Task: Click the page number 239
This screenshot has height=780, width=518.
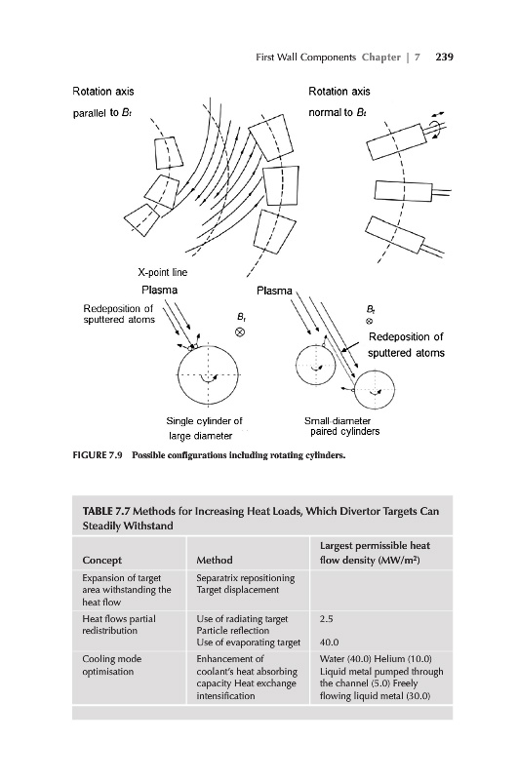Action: pyautogui.click(x=444, y=57)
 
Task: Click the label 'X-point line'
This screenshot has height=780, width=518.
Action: pyautogui.click(x=162, y=272)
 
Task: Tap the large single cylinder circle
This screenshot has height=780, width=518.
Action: pyautogui.click(x=179, y=374)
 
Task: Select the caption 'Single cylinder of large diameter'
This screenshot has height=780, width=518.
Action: pyautogui.click(x=204, y=428)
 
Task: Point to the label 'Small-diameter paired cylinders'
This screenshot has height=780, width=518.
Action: pyautogui.click(x=341, y=426)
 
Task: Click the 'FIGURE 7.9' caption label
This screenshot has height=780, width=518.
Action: pyautogui.click(x=98, y=455)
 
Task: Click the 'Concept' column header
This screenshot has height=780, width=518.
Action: pyautogui.click(x=102, y=560)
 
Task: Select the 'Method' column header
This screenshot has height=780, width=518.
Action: pyautogui.click(x=215, y=560)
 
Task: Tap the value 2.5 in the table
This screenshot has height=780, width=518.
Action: pyautogui.click(x=327, y=619)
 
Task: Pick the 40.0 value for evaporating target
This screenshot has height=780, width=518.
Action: pyautogui.click(x=329, y=643)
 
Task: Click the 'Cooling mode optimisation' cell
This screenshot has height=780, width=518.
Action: pyautogui.click(x=112, y=665)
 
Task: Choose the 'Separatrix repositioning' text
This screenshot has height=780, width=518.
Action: pyautogui.click(x=245, y=578)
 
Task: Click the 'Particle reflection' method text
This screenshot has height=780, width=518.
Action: pyautogui.click(x=233, y=630)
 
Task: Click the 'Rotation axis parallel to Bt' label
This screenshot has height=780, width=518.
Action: pyautogui.click(x=103, y=102)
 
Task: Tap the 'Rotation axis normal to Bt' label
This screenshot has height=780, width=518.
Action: pyautogui.click(x=339, y=102)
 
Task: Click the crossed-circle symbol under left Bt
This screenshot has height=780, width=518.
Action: pyautogui.click(x=240, y=331)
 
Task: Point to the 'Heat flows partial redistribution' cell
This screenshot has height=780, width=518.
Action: pyautogui.click(x=119, y=625)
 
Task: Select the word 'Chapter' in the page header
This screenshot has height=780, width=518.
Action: pyautogui.click(x=381, y=57)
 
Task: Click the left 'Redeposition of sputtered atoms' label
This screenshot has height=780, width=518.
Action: pyautogui.click(x=118, y=314)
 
